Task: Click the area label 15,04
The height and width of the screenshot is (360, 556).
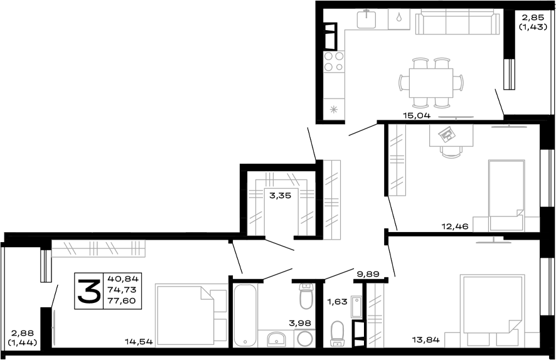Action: point(415,115)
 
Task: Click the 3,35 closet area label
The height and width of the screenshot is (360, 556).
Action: point(279,196)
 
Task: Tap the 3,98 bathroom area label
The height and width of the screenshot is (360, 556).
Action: point(300,324)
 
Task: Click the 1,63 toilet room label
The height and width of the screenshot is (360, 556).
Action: point(336,302)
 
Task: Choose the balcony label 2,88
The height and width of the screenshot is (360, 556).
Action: point(22,333)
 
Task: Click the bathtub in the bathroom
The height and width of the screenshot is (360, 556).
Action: point(245,315)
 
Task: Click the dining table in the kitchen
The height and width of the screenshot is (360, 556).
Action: point(431,82)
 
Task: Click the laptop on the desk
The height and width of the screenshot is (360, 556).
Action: point(448,134)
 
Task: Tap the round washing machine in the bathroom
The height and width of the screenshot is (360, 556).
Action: point(304,339)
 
